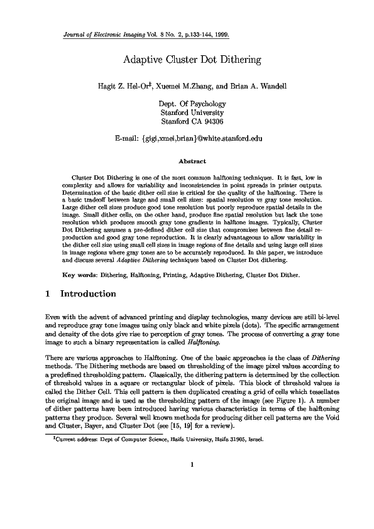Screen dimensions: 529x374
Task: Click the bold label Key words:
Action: [x=82, y=275]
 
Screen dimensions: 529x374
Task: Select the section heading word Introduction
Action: [x=88, y=293]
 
